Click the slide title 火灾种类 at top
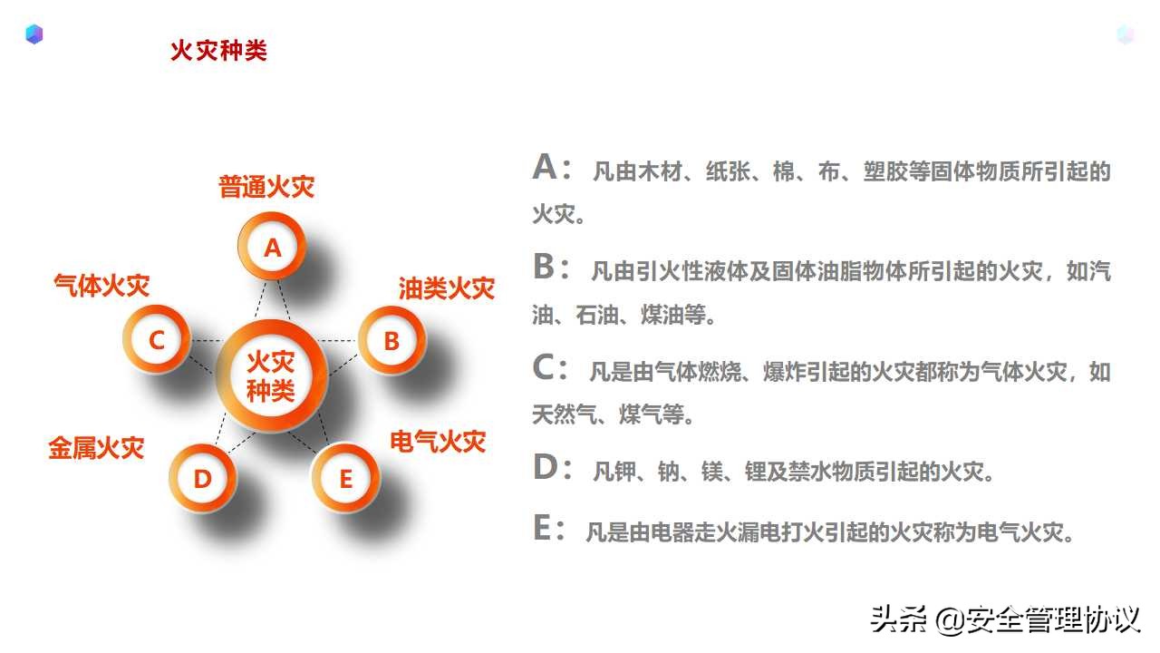[x=218, y=50]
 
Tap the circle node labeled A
[x=272, y=247]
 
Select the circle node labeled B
[x=391, y=341]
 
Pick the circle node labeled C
[x=157, y=341]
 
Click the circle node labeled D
[x=202, y=479]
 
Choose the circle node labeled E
[x=345, y=479]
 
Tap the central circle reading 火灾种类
[x=271, y=377]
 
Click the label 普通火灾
[x=266, y=187]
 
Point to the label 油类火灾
[x=447, y=288]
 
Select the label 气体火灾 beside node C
[x=101, y=286]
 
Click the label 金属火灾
[x=96, y=447]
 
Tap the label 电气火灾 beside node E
[x=438, y=442]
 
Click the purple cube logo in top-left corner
[x=34, y=34]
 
